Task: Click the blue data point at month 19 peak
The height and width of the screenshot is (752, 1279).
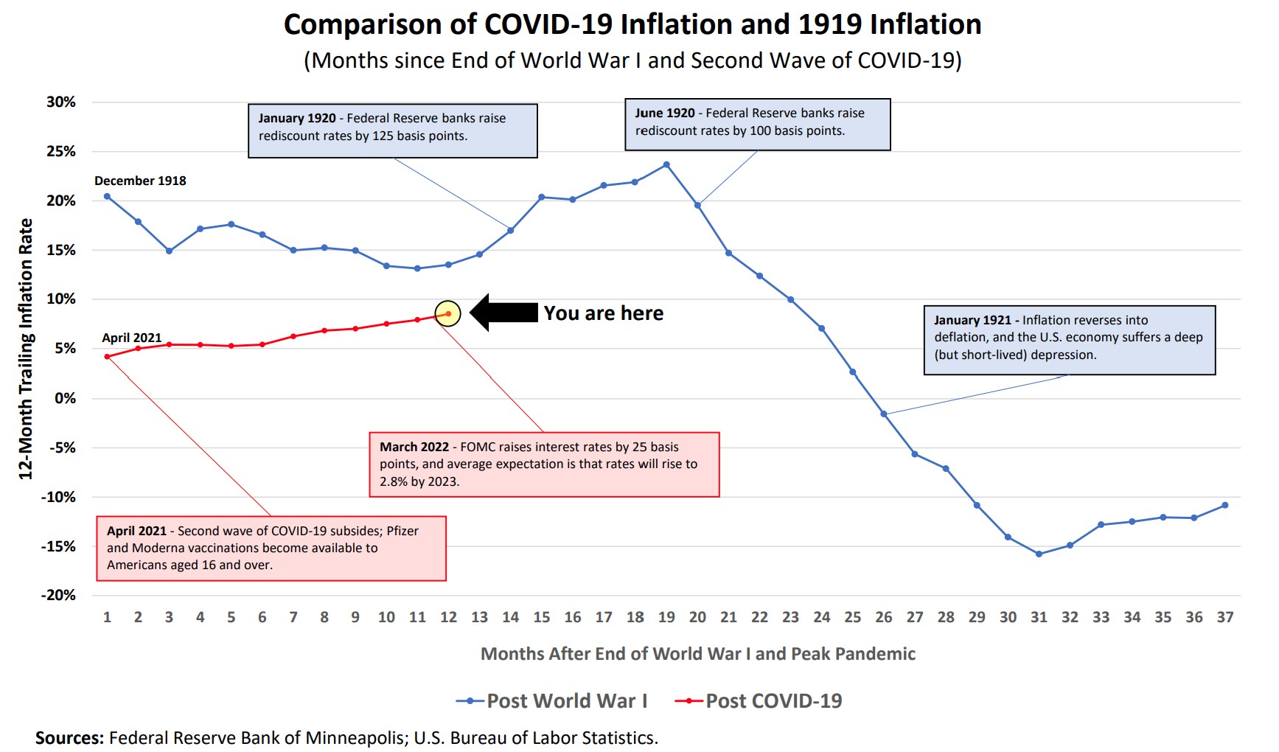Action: point(666,164)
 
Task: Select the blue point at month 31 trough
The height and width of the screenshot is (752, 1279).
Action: point(1039,554)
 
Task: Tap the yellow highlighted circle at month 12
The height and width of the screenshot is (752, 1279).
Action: point(448,313)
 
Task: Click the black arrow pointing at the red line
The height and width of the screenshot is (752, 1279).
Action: point(503,313)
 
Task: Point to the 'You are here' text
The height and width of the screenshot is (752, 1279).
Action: point(603,313)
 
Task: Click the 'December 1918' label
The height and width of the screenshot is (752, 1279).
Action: point(140,181)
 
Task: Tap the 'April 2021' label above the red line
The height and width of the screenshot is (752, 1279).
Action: point(131,338)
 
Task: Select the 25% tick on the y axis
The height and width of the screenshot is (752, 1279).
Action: point(60,151)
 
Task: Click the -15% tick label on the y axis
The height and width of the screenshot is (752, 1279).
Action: point(58,546)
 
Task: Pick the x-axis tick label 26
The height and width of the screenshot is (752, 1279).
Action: point(883,617)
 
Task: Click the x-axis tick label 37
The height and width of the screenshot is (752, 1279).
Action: point(1224,617)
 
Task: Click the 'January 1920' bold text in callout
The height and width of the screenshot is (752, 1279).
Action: point(296,118)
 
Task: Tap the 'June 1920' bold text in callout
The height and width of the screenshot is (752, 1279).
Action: point(664,113)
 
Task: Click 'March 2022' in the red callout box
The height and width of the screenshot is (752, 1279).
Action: point(414,447)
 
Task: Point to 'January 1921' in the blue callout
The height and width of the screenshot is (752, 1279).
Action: point(972,320)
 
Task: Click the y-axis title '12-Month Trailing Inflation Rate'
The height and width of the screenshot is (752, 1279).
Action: point(26,349)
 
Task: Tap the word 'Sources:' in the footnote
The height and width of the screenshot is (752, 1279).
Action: point(69,738)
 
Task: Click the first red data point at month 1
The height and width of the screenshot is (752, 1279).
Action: point(108,357)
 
